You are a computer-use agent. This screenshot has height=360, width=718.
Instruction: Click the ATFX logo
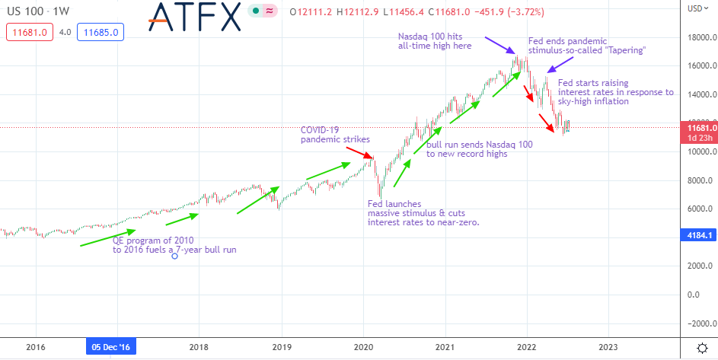coord(193,17)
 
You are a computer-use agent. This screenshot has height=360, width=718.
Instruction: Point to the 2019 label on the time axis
coord(281,347)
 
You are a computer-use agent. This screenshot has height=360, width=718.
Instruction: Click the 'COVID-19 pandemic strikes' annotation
coord(335,134)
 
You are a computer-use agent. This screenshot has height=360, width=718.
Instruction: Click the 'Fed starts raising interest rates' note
coord(615,92)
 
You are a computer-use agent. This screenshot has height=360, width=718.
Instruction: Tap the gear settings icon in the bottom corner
coord(701,347)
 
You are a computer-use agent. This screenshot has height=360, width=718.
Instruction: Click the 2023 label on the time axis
coord(608,347)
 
